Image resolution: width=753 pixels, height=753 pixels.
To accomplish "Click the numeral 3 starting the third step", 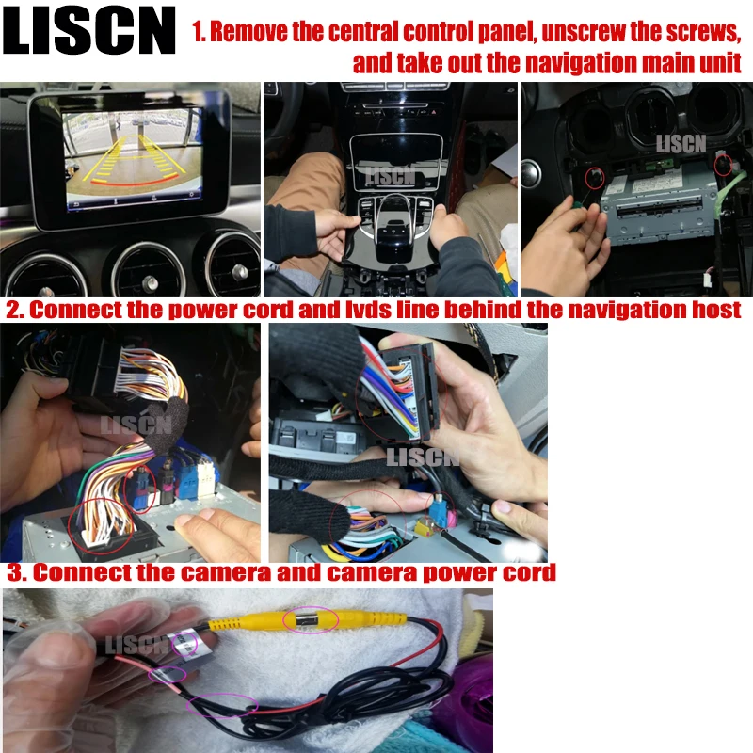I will [x=14, y=572].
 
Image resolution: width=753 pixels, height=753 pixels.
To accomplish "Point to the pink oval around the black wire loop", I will [x=222, y=707].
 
